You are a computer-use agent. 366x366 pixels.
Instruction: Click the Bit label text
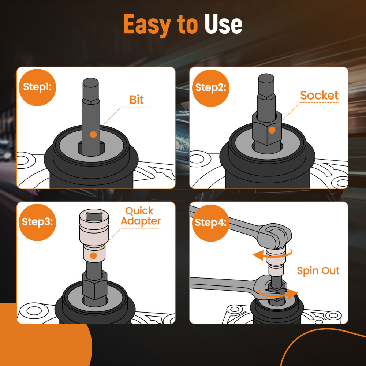click(x=137, y=100)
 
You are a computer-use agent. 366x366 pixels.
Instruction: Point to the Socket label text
click(x=319, y=96)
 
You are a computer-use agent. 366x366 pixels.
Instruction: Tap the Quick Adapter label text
click(x=141, y=216)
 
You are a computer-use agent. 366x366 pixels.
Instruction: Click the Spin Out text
click(x=318, y=271)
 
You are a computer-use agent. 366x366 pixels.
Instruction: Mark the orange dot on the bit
click(x=93, y=134)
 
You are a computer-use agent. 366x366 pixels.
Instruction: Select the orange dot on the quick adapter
click(x=93, y=255)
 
